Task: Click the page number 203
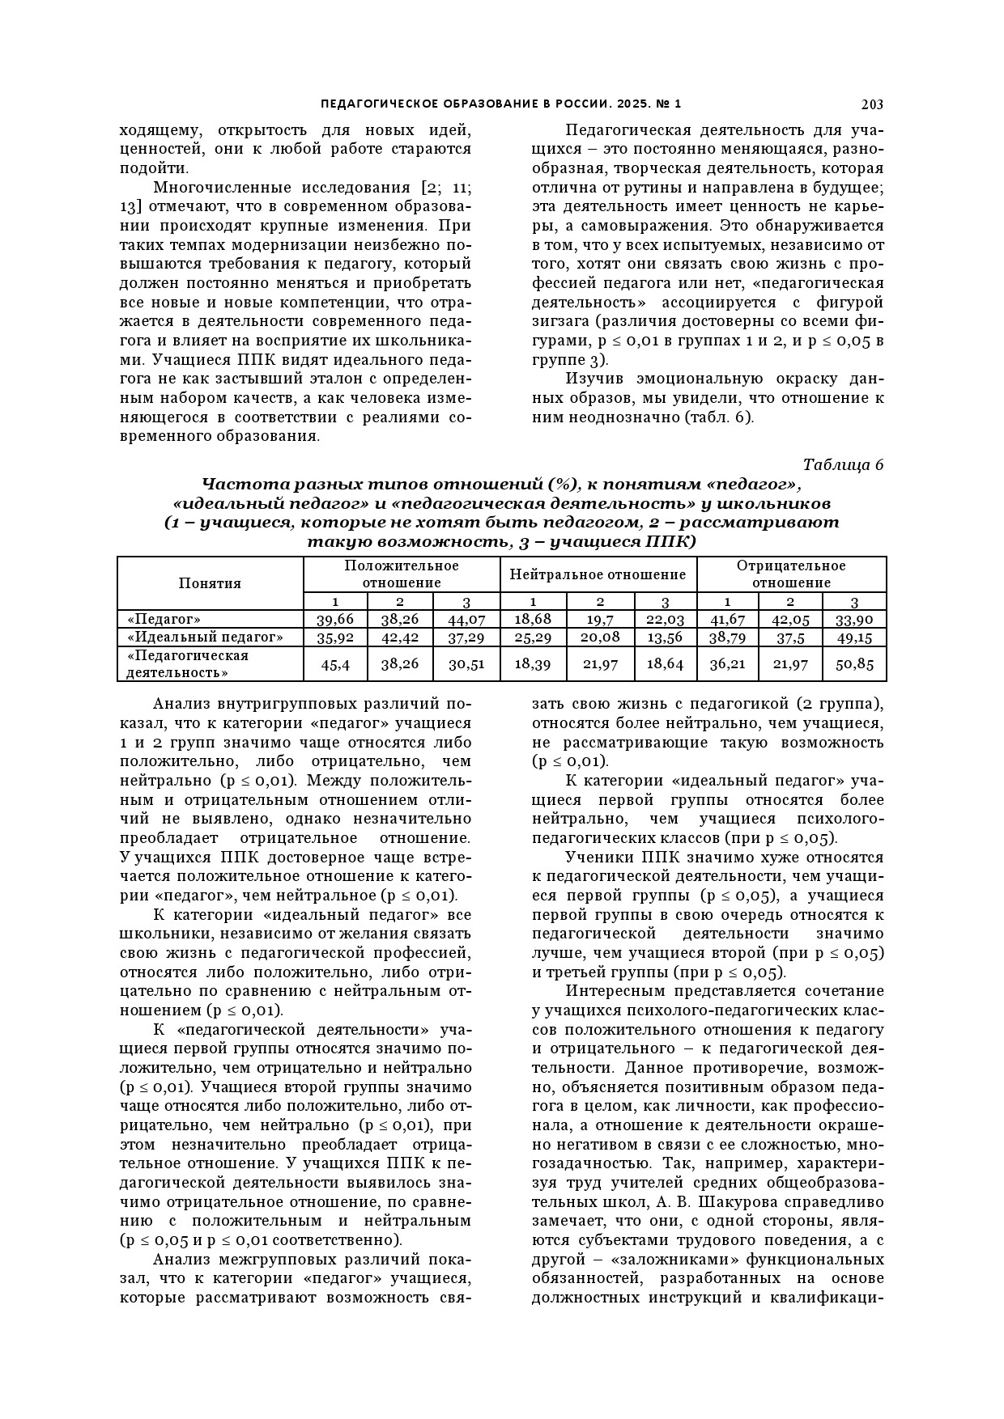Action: pos(872,104)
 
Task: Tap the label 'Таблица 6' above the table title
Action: pos(843,465)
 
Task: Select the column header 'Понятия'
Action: pos(210,583)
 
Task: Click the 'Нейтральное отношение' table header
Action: pos(598,575)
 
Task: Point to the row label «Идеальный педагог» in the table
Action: pos(206,637)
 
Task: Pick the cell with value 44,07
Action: pos(466,620)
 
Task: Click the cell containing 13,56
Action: pos(665,637)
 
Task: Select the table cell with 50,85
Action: pos(854,664)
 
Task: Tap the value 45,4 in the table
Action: pos(335,664)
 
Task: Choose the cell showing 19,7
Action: pos(600,620)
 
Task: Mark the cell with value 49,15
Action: pos(854,637)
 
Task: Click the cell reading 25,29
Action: pos(533,637)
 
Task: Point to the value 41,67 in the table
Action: pos(727,620)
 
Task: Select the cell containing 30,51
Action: pos(466,664)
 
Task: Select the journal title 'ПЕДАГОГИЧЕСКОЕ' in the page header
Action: pos(369,104)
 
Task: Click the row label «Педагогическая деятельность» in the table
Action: pos(188,664)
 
